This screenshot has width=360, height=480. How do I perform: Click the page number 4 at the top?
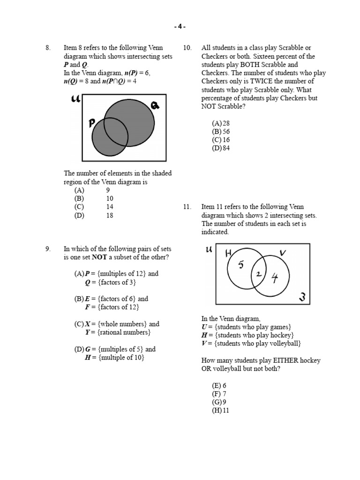pos(180,27)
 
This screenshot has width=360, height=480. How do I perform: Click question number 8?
pos(47,48)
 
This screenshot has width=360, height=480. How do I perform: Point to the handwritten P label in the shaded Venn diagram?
pos(92,123)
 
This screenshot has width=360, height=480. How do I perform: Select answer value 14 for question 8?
pos(110,207)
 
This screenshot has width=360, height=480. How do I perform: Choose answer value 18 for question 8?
pos(110,216)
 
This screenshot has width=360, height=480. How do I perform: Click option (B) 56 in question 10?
pos(221,132)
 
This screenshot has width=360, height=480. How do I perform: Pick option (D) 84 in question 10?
pos(221,148)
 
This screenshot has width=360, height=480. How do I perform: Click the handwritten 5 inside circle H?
pos(241,265)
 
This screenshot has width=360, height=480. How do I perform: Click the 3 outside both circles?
pos(302,297)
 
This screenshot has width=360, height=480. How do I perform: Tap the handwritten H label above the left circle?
pos(229,253)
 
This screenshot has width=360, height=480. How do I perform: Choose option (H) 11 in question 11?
pos(221,411)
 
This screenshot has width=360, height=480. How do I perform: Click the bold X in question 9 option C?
pos(88,324)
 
